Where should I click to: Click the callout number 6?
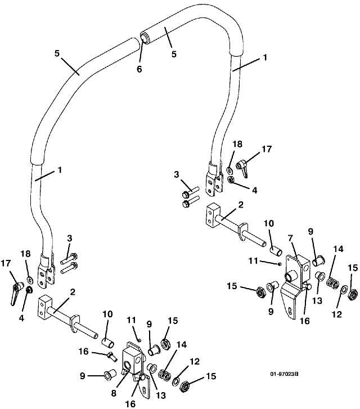(x=139, y=69)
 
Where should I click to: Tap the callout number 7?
(x=290, y=238)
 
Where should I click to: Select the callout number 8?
(x=114, y=393)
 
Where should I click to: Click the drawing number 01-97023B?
(x=284, y=374)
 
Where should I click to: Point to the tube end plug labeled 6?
(x=144, y=37)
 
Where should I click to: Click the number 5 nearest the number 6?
(x=174, y=54)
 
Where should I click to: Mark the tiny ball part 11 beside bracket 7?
(x=280, y=264)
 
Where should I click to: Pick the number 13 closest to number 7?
(x=317, y=301)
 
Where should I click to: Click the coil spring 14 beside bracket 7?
(x=332, y=282)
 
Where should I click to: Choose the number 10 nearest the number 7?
(x=269, y=223)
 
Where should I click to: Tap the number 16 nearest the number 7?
(x=305, y=321)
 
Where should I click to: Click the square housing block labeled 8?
(x=133, y=360)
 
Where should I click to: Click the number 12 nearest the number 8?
(x=195, y=361)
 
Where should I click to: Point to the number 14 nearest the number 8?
(x=182, y=344)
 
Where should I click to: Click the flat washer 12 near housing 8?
(x=176, y=381)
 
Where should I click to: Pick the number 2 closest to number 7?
(x=241, y=205)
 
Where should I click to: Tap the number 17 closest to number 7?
(x=267, y=149)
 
